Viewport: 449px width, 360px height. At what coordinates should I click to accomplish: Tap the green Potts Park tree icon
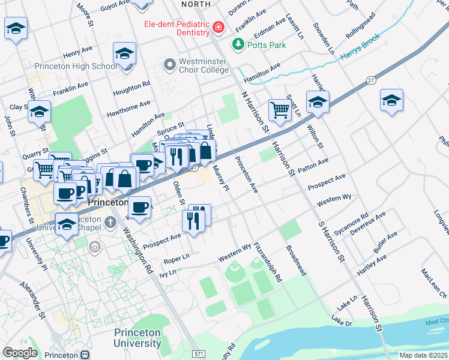[238, 44]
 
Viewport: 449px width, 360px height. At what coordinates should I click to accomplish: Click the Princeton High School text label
[76, 66]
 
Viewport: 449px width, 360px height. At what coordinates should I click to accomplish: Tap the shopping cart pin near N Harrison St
[280, 110]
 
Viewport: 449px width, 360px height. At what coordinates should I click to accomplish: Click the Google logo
[20, 353]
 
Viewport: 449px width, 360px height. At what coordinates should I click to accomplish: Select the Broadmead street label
[297, 260]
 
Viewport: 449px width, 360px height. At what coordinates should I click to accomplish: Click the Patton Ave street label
[313, 166]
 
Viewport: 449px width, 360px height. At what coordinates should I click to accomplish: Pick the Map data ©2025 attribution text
[423, 355]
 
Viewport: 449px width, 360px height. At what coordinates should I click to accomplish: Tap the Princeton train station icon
[85, 354]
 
